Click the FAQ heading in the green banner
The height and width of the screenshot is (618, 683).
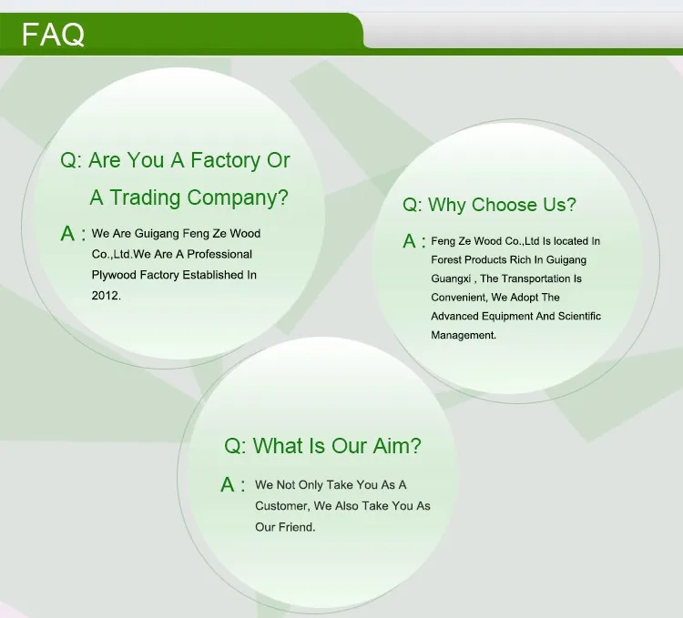point(53,35)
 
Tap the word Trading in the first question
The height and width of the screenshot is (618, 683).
point(145,198)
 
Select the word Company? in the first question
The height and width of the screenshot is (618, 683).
point(238,198)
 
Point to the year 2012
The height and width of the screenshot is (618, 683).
point(106,296)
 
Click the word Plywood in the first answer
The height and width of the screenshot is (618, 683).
point(114,276)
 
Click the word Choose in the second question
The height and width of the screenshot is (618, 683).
point(504,205)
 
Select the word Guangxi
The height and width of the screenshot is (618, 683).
point(451,279)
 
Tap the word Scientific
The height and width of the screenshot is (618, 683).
point(579,316)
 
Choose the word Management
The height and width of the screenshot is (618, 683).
point(464,335)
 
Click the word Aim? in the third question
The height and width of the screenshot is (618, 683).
point(397,446)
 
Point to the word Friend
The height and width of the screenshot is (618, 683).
point(297,527)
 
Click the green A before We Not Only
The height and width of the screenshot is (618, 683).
point(228,484)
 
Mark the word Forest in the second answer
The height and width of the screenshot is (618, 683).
point(446,259)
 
